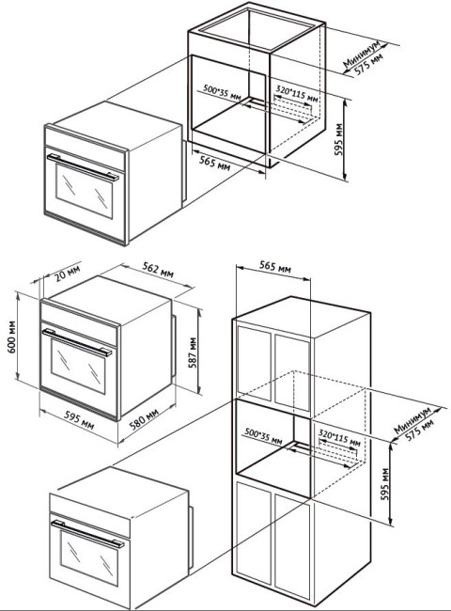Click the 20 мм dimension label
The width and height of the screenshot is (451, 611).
click(x=67, y=274)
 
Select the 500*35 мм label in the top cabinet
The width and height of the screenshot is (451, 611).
click(x=222, y=91)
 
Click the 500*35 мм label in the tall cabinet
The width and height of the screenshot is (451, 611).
click(x=264, y=435)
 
